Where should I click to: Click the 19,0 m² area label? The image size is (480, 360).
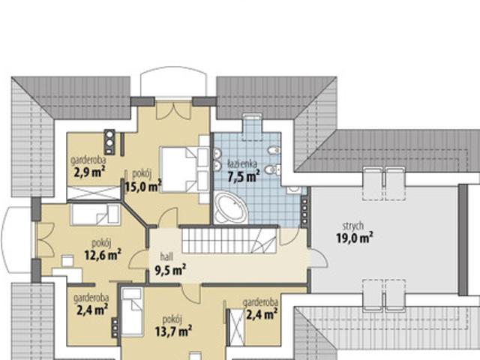coord(355,238)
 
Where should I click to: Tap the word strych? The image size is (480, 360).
coord(353,226)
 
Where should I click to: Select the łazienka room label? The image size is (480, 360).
coord(242,164)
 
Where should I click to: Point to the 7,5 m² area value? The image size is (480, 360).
coord(244,177)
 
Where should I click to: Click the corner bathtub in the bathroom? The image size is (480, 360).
coord(230,207)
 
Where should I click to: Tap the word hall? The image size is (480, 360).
coord(166,256)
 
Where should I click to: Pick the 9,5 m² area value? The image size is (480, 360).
coord(170,270)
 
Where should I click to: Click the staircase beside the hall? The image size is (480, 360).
coord(229,240)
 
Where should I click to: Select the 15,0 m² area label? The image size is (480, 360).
coord(143,186)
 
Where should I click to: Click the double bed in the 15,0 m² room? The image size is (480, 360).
coord(184,169)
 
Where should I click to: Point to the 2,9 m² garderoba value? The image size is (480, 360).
coord(89,172)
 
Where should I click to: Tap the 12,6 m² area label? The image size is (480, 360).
coord(103,255)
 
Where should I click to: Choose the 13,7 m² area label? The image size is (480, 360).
coord(173,331)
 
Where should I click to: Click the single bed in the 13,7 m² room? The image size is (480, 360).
coord(132,311)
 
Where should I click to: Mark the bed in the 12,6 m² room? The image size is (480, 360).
coord(95,214)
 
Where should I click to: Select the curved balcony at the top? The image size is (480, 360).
coord(173,82)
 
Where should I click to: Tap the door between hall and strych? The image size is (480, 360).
coord(318,259)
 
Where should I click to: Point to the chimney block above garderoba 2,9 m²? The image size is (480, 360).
coord(109,142)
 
